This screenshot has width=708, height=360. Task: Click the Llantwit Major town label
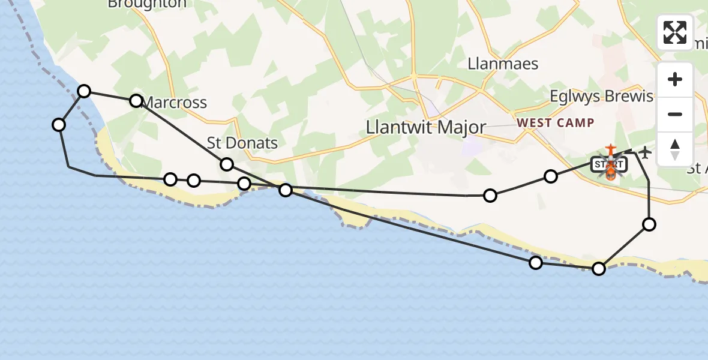tap(426, 127)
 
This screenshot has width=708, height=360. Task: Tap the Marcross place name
tap(175, 103)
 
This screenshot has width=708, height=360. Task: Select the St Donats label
tap(242, 143)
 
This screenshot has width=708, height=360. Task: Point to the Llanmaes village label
tap(503, 64)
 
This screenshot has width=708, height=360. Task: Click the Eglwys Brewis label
tap(601, 97)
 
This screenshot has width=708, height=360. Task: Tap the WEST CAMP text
tap(556, 123)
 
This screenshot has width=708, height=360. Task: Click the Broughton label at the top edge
tap(147, 4)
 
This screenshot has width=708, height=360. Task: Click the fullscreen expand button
tap(675, 32)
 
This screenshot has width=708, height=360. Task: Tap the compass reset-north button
tap(675, 149)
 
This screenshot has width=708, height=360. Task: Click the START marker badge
tap(610, 164)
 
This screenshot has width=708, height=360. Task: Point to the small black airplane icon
tap(645, 152)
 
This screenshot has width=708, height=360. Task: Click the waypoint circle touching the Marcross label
tap(136, 101)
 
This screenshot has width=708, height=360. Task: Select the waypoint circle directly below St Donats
tap(227, 164)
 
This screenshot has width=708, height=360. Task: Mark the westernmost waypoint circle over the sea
tap(59, 125)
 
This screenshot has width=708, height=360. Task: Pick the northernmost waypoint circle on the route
tap(85, 91)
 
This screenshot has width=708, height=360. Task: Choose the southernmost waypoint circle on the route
tap(599, 269)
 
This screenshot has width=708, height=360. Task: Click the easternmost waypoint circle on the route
tap(649, 224)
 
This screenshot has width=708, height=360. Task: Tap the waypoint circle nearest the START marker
tap(551, 176)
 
